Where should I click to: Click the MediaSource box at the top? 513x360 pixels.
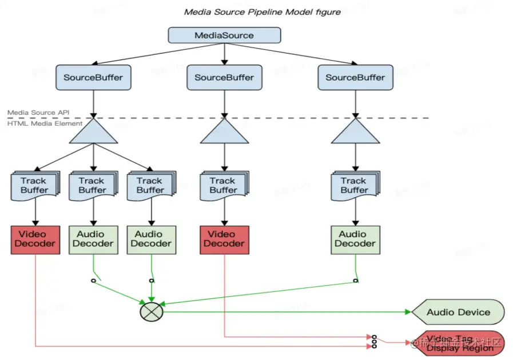(224, 35)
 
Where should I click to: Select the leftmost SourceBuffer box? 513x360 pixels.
(93, 78)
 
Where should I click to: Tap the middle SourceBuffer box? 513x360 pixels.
(224, 78)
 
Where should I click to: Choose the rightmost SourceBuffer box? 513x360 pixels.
(355, 78)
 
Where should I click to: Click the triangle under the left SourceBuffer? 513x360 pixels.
(93, 133)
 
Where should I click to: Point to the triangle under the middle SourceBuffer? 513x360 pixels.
(224, 133)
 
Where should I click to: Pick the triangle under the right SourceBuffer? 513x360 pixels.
(355, 133)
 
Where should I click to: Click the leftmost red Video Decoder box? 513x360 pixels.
(36, 239)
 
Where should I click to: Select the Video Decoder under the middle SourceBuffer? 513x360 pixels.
(224, 239)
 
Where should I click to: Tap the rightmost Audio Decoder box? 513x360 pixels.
(355, 239)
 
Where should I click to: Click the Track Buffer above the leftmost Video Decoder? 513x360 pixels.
(34, 185)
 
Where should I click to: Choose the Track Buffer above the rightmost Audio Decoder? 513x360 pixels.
(354, 185)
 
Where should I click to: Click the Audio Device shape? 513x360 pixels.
(458, 313)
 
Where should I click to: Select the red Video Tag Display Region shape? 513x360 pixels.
(458, 343)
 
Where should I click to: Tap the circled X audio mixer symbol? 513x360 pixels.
(152, 312)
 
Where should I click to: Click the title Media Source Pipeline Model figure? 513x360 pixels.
(262, 12)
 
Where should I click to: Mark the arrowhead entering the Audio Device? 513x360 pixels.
(408, 312)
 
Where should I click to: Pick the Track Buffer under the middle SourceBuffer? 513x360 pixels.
(223, 185)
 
